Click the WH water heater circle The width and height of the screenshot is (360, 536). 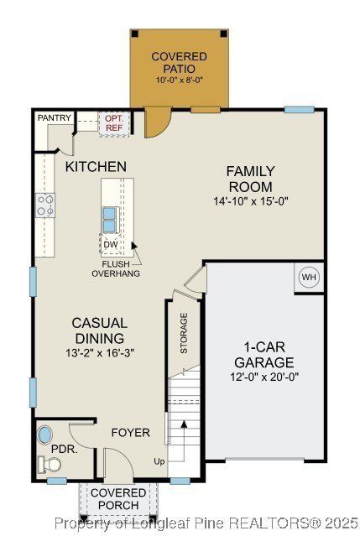[309, 277]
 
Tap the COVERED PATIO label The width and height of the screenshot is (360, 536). [180, 62]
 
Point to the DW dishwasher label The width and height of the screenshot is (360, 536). [111, 245]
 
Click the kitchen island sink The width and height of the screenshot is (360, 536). [110, 219]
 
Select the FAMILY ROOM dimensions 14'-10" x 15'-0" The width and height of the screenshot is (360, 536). [250, 201]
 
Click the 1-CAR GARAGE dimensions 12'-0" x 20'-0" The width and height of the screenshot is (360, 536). [263, 378]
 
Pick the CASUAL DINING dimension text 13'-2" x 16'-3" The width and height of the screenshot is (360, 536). [99, 352]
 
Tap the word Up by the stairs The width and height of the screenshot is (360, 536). [159, 461]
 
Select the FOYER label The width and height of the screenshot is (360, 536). [130, 433]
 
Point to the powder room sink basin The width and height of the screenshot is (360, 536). [45, 436]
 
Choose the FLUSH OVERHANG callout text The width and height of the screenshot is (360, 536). [116, 268]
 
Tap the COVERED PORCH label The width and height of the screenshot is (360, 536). [118, 499]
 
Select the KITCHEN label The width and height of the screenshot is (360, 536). [96, 167]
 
